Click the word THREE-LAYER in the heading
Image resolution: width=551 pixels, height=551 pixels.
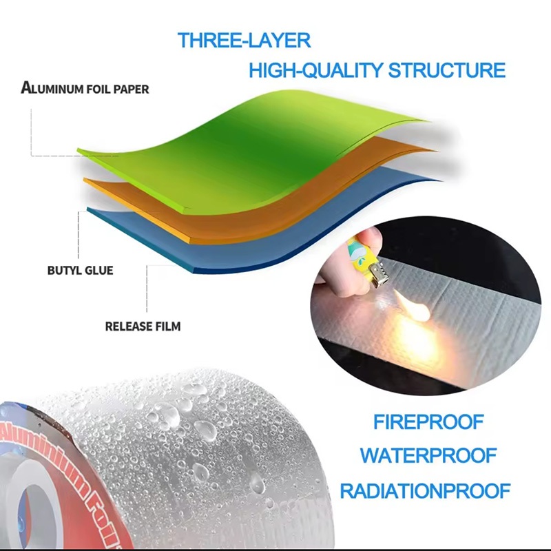[x=245, y=40]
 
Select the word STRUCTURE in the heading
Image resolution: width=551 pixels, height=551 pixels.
[x=447, y=70]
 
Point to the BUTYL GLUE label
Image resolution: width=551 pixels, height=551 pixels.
[x=81, y=270]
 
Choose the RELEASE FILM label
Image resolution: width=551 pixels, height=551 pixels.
[x=143, y=326]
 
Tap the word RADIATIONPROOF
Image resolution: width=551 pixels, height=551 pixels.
[x=425, y=491]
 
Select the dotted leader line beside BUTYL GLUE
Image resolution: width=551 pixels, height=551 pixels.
[x=79, y=234]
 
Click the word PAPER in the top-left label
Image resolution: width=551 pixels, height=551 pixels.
[x=134, y=89]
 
